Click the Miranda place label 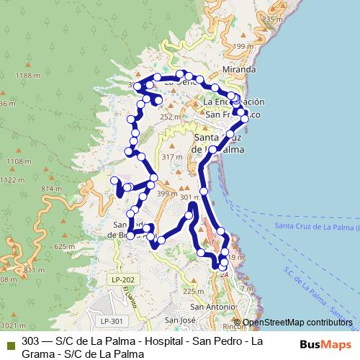pos(239,70)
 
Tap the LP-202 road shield pos(123,279)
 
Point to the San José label pos(181,320)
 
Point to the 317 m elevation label pos(172,157)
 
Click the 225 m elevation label pos(193,291)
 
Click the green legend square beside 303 pos(9,341)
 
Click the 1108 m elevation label pos(15,162)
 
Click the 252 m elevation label pos(170,117)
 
